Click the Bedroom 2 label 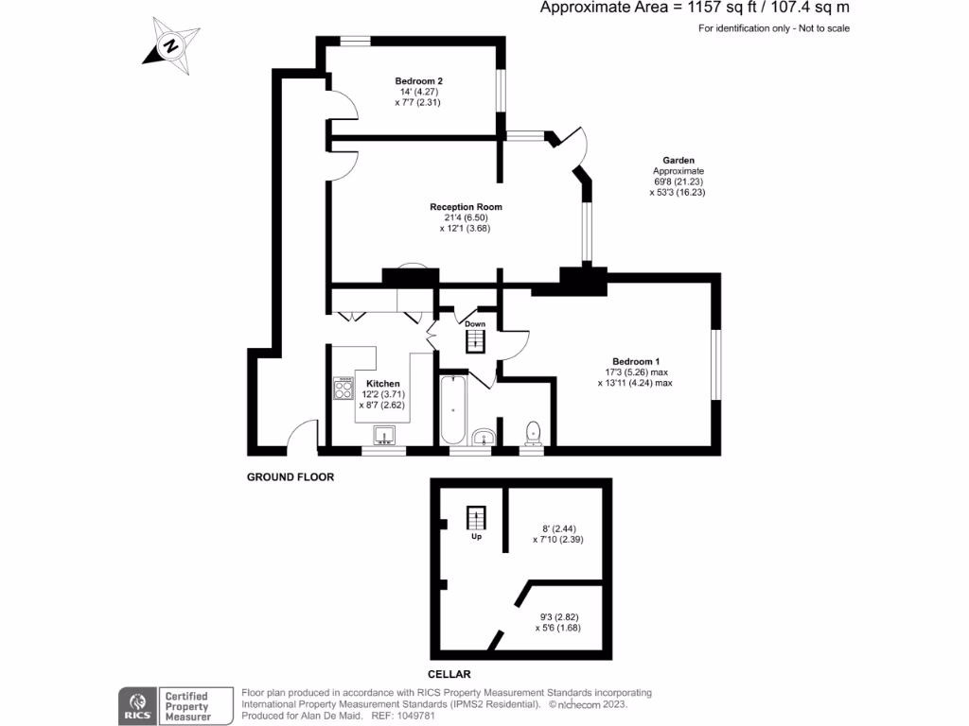418,81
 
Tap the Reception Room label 466,207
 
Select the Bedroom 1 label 636,361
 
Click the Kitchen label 383,384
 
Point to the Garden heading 678,160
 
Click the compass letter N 171,45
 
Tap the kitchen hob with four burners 343,388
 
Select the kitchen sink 384,435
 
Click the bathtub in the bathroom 453,409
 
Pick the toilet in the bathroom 533,433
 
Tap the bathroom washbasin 483,437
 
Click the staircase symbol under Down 475,341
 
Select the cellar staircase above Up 476,518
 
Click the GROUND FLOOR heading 291,476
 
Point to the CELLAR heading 449,674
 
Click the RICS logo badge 138,706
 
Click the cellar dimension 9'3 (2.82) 559,616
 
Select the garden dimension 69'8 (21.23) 678,181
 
